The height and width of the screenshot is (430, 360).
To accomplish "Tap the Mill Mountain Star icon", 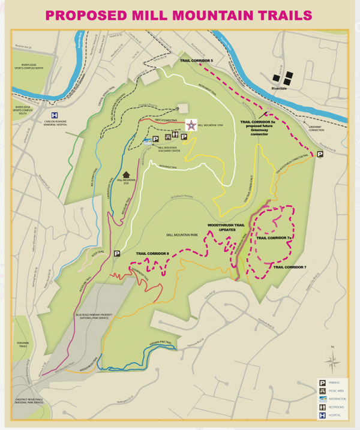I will pos(190,125).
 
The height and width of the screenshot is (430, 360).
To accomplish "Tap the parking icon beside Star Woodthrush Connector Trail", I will pos(320,154).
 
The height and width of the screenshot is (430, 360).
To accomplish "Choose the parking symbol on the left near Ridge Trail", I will pos(118,254).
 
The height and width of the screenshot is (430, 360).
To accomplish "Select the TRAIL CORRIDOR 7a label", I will pos(274,238).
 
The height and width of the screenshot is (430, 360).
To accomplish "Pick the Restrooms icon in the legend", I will pos(322,404).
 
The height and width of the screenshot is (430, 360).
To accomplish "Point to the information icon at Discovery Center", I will pos(148,143).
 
